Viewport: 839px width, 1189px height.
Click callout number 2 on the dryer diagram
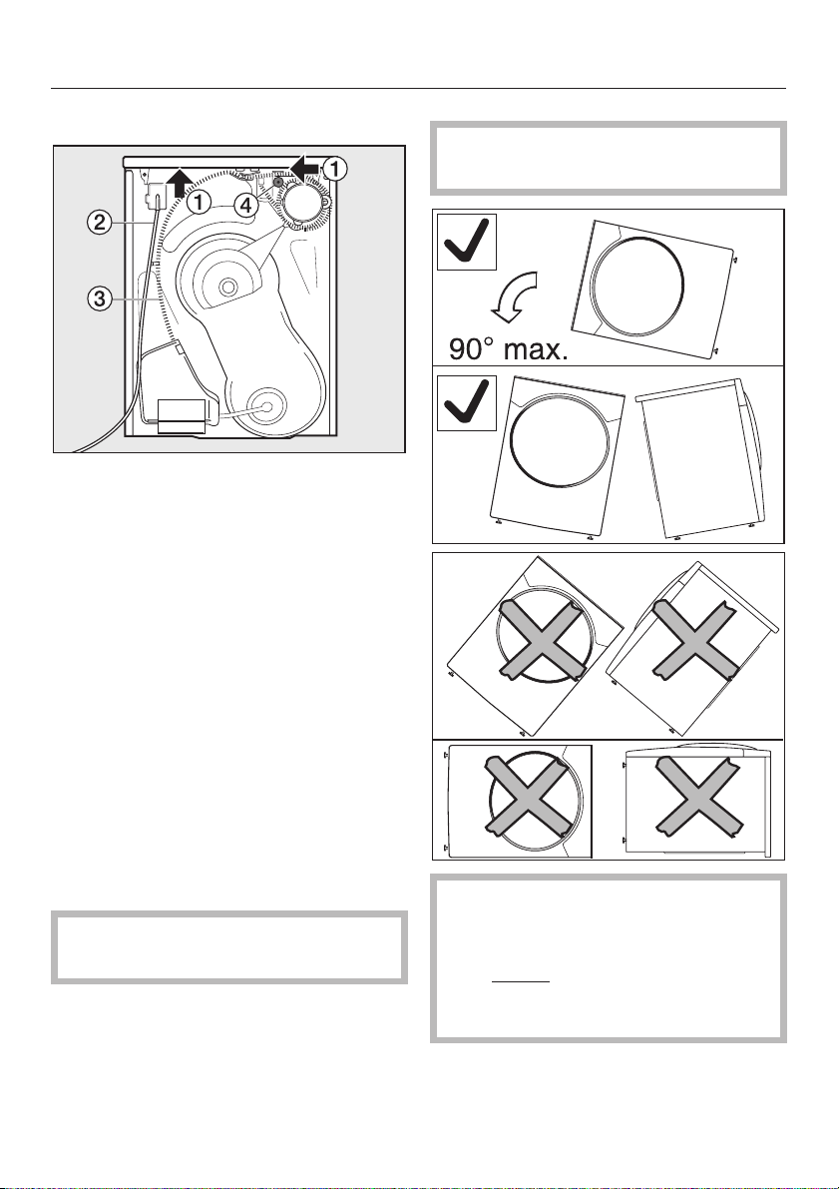[x=99, y=223]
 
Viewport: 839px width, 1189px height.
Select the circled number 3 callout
[x=99, y=298]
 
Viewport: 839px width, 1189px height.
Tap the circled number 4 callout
[x=245, y=205]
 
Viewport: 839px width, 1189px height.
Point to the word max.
[x=540, y=349]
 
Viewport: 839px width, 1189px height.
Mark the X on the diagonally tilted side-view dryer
[x=695, y=638]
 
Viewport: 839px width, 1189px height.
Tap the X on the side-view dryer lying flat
[x=697, y=794]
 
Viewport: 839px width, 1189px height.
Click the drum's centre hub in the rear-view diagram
[x=226, y=287]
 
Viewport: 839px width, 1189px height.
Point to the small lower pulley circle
[x=265, y=405]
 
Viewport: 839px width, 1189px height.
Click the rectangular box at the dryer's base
[x=182, y=416]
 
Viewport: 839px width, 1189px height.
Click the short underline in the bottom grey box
[x=521, y=982]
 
